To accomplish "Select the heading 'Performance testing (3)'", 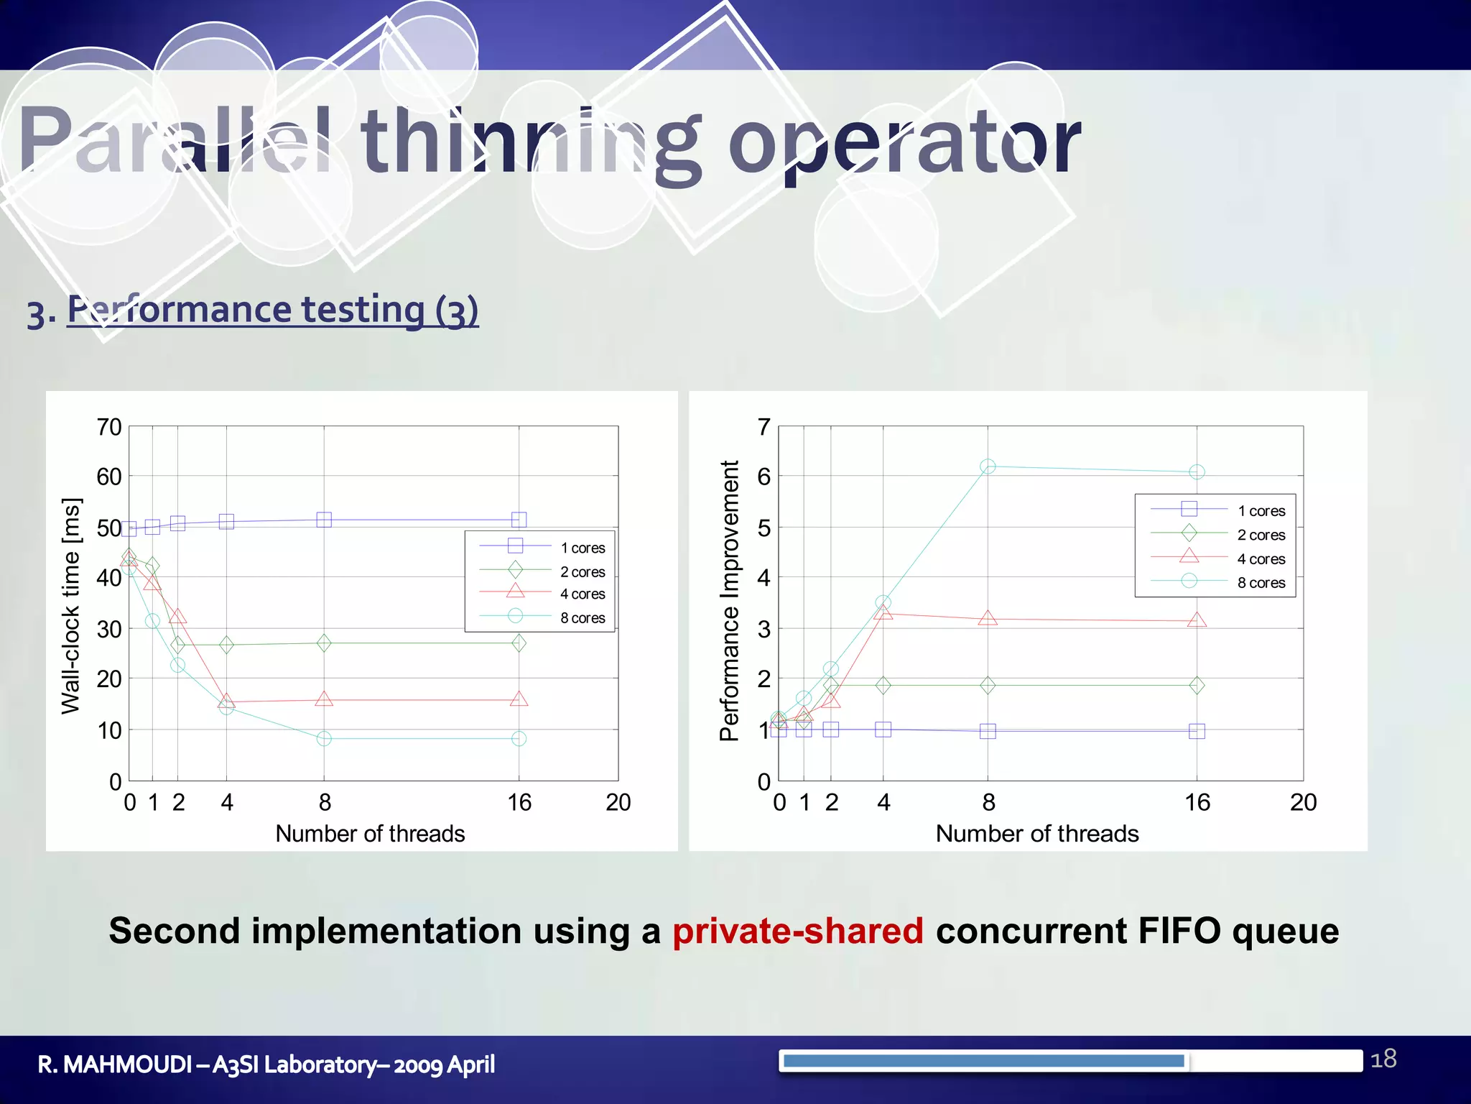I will coord(272,310).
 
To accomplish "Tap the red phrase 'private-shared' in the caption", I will coord(797,931).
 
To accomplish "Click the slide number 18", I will coord(1383,1059).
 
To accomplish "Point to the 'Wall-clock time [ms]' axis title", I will coord(71,605).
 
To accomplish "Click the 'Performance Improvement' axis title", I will coord(729,601).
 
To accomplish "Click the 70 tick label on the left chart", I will coord(109,427).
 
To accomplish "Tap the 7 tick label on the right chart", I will coord(764,427).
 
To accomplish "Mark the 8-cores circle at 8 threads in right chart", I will coord(988,466).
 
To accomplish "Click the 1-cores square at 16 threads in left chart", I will coord(519,519).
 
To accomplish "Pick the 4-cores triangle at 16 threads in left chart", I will coord(519,699).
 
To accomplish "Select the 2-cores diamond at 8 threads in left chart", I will coord(324,643).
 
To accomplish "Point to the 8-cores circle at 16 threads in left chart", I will coord(519,739).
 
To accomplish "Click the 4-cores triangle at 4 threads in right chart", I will coord(883,613).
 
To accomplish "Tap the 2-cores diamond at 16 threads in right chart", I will coord(1197,685).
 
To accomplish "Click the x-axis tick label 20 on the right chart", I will coord(1303,802).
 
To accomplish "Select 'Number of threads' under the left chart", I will coord(370,834).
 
